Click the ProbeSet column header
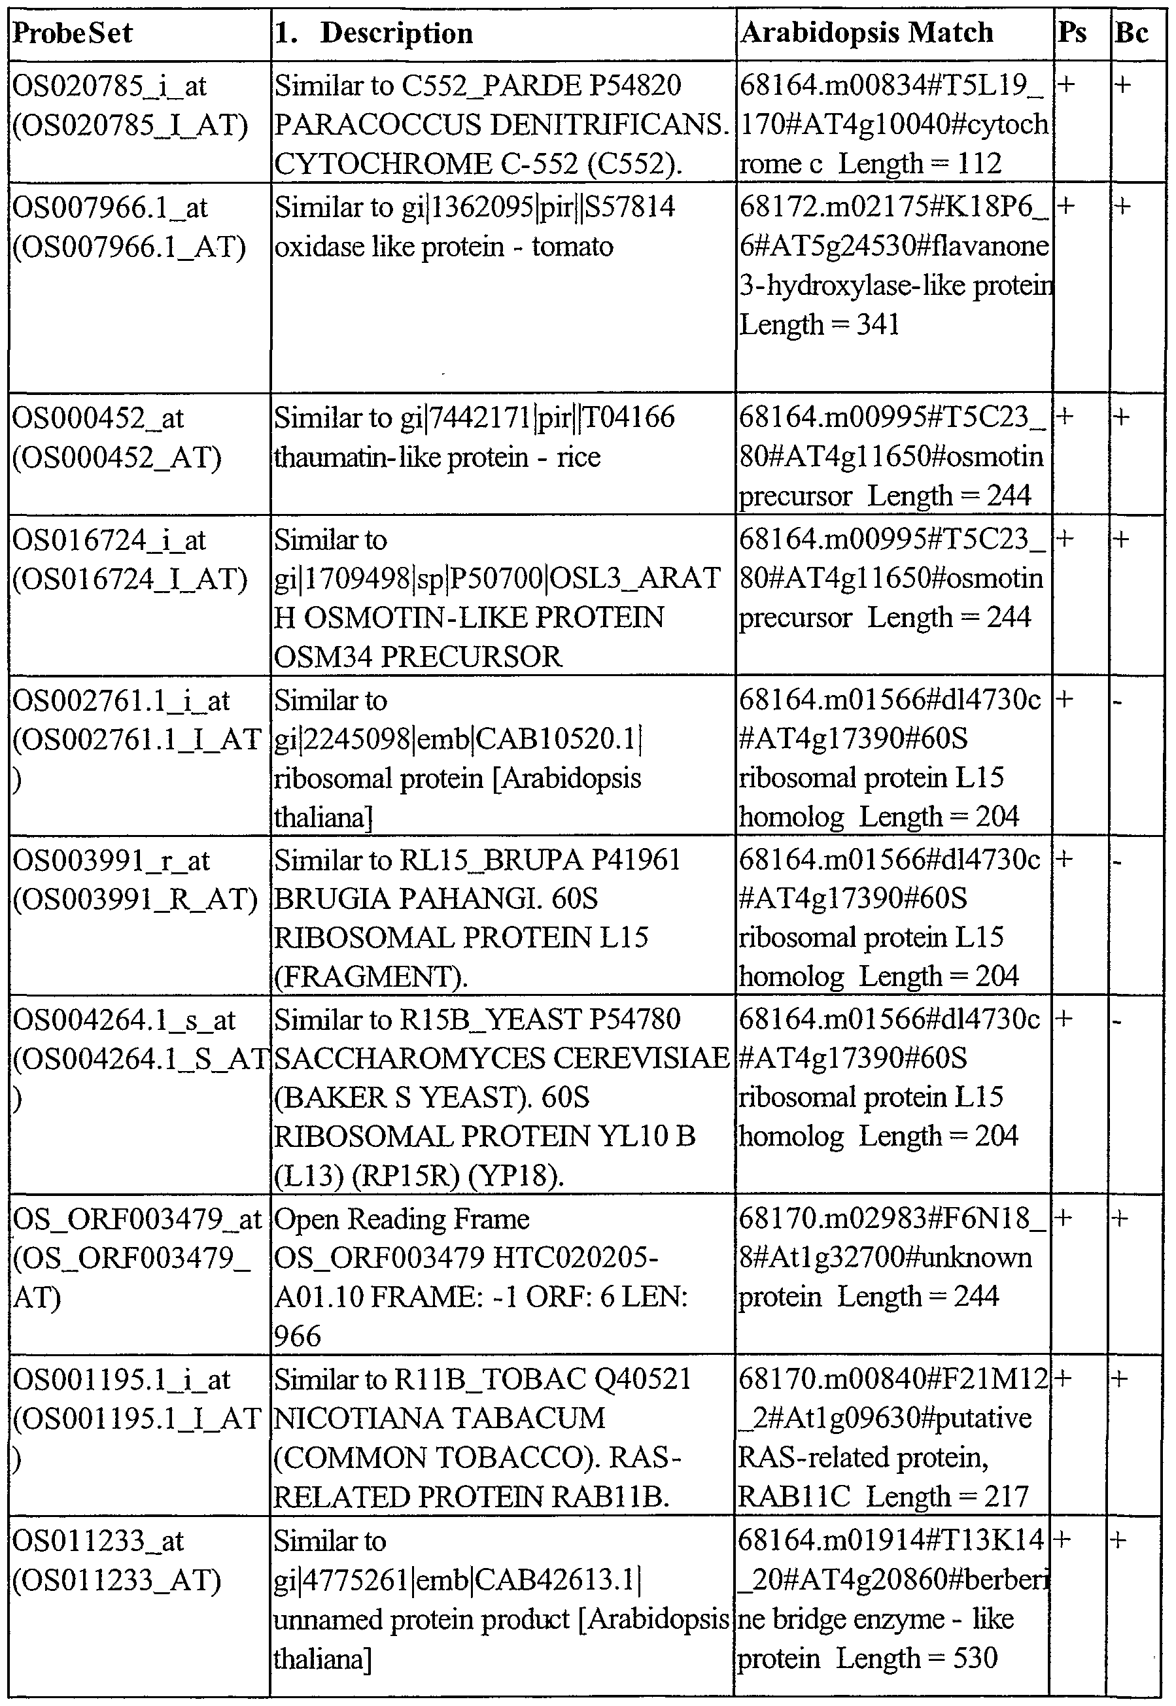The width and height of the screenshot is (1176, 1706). click(x=72, y=33)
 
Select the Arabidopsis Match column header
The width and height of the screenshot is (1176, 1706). click(x=867, y=33)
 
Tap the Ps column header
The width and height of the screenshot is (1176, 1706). click(x=1072, y=33)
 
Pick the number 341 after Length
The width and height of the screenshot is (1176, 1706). click(x=878, y=324)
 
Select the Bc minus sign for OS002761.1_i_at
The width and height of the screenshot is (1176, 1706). click(x=1118, y=701)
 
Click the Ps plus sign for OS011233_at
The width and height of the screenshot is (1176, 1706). click(x=1063, y=1539)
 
